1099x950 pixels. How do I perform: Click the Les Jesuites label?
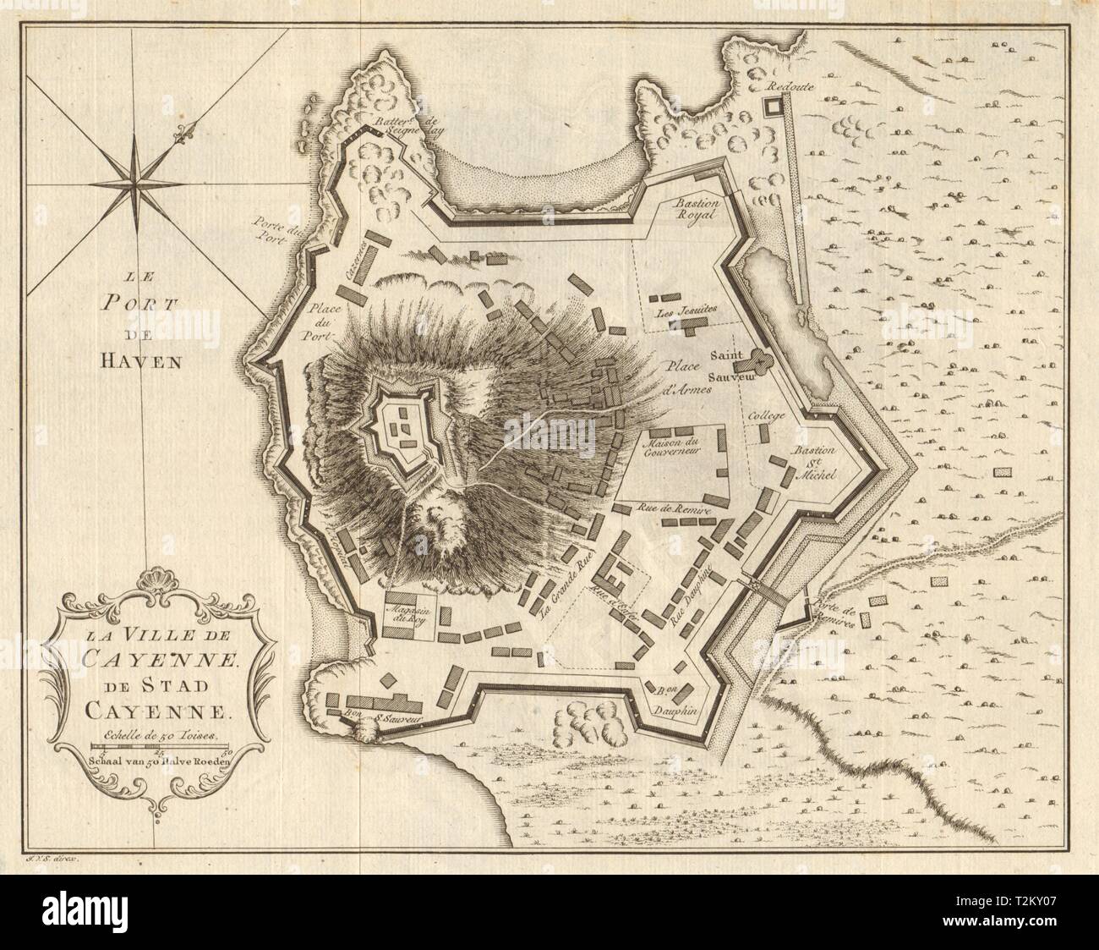pos(685,310)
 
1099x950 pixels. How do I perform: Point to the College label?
pos(767,416)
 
